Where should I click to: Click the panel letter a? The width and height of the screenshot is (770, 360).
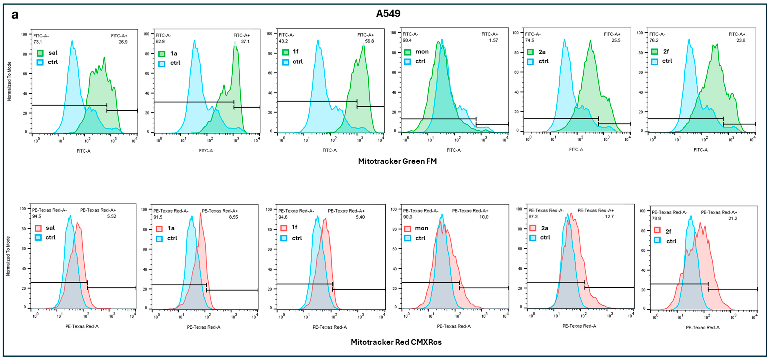point(15,15)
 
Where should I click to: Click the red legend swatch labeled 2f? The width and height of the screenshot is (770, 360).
point(657,230)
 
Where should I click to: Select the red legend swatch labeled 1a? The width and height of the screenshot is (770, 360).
point(159,229)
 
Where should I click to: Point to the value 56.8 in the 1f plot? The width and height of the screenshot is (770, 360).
point(369,41)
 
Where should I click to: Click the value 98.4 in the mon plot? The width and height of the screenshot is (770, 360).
point(407,40)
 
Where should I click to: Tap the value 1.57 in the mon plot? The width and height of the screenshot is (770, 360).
point(494,40)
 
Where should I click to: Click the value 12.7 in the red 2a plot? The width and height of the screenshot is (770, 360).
point(609,216)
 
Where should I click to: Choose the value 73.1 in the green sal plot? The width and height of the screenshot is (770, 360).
point(38,42)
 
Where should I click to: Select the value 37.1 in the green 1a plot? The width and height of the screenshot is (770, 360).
point(245,42)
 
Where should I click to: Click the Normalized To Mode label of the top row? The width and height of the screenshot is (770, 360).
point(9,81)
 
